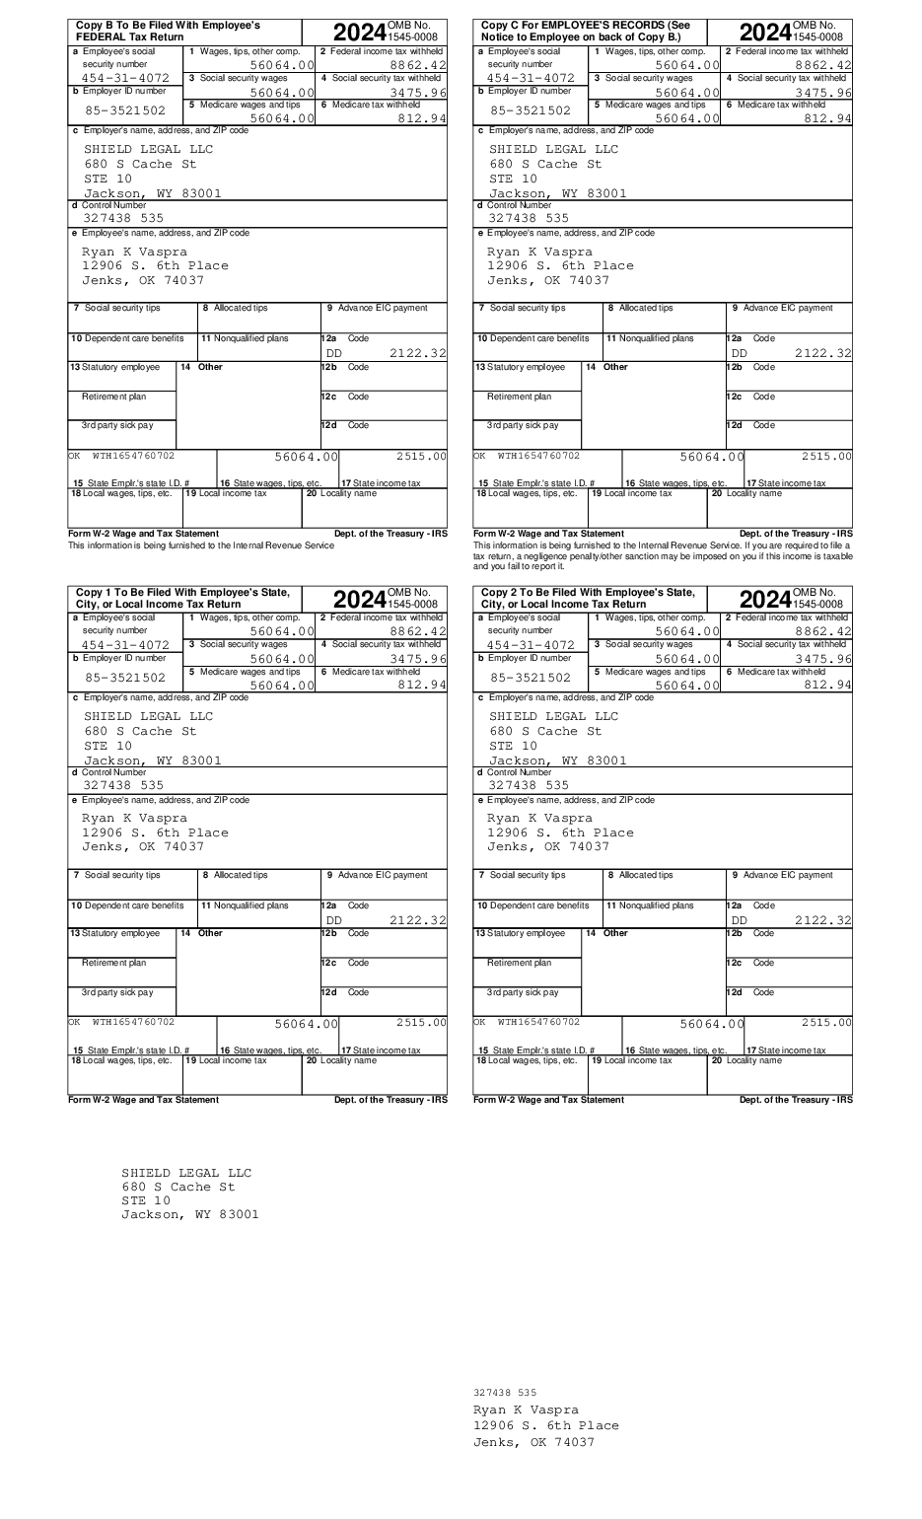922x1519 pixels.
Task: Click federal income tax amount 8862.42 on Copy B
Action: click(x=418, y=65)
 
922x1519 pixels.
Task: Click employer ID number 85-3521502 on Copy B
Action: click(x=125, y=110)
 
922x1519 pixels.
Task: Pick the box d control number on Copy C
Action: click(x=529, y=218)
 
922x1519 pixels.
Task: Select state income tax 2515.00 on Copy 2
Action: click(x=826, y=1023)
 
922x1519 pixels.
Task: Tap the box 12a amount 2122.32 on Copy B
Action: click(x=418, y=353)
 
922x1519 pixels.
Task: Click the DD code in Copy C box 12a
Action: click(x=740, y=353)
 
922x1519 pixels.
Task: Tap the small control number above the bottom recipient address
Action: click(x=505, y=1393)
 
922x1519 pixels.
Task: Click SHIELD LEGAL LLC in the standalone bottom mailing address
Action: click(x=186, y=1173)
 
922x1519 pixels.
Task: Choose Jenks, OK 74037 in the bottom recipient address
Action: click(x=533, y=1442)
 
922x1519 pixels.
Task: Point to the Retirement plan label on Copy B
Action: click(x=114, y=397)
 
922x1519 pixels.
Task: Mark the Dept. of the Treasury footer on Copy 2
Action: click(x=796, y=1100)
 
